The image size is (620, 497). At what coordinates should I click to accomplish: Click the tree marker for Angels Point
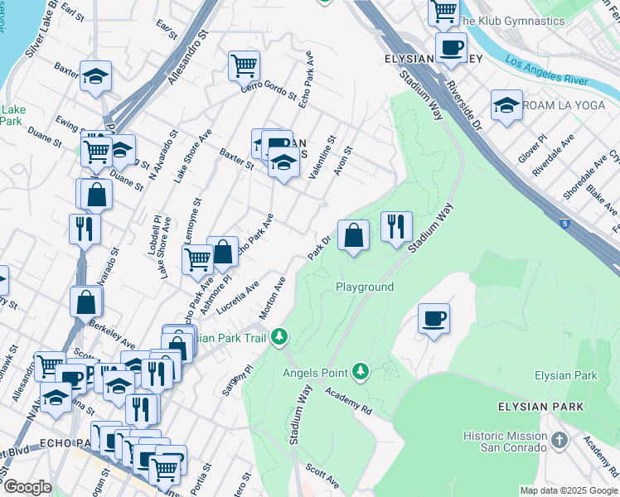click(360, 370)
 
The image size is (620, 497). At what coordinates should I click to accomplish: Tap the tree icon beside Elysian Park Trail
click(280, 336)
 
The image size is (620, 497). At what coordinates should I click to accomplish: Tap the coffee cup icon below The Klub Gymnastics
click(450, 47)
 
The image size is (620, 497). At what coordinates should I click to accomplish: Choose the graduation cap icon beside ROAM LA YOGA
click(506, 105)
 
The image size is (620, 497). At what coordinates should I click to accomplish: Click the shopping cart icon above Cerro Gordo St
click(245, 64)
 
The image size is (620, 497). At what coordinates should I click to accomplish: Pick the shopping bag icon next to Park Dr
click(354, 234)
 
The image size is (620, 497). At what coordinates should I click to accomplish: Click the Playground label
click(364, 287)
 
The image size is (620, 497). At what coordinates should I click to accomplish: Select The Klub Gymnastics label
click(511, 21)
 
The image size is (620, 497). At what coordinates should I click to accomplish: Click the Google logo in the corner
click(27, 487)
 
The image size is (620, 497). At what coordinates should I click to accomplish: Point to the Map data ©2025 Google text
click(568, 490)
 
